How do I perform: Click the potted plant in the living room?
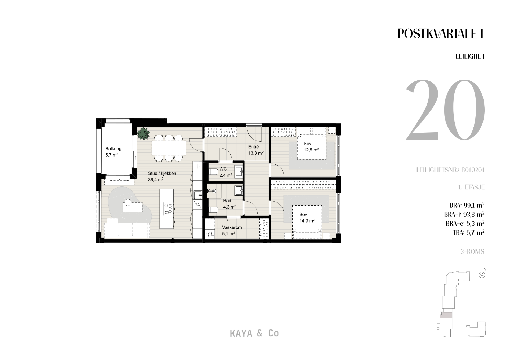click(x=143, y=133)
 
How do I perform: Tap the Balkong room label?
click(x=113, y=149)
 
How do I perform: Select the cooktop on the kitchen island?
click(x=168, y=209)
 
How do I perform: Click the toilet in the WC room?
click(x=213, y=172)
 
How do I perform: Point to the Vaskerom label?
click(x=232, y=227)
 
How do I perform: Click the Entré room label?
click(x=253, y=147)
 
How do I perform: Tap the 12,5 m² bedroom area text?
click(x=311, y=150)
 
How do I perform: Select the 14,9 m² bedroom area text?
click(x=307, y=221)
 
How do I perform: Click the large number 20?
click(x=445, y=110)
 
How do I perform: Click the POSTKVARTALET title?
click(x=441, y=34)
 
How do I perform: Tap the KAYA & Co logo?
click(x=254, y=333)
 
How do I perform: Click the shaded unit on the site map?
click(x=446, y=315)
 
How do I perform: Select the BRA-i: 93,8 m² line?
click(x=464, y=214)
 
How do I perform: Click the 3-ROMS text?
click(x=472, y=251)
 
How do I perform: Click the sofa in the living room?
click(x=126, y=228)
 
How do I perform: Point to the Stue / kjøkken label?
click(x=162, y=173)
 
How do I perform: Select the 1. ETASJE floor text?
click(x=471, y=187)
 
